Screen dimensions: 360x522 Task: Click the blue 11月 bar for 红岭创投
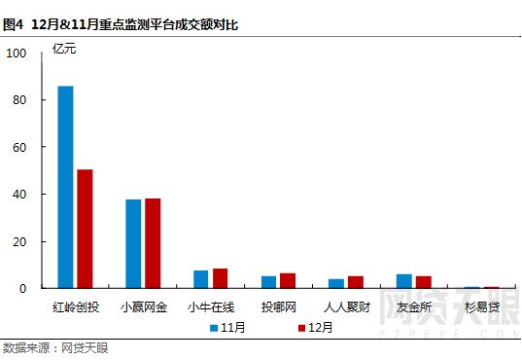point(66,187)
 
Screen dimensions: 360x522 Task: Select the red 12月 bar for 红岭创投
point(85,229)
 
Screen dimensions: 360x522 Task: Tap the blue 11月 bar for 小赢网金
point(133,243)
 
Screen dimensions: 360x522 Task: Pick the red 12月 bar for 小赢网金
point(153,243)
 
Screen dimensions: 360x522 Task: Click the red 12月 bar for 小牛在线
point(220,278)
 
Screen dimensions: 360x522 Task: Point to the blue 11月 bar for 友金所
point(403,281)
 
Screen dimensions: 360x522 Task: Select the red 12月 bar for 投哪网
point(288,280)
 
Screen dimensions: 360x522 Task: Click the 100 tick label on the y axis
point(17,54)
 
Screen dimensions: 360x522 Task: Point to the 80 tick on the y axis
point(20,100)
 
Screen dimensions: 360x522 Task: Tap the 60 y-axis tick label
point(20,148)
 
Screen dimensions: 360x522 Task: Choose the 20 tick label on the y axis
point(20,241)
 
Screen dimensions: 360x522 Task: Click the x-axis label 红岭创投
point(75,306)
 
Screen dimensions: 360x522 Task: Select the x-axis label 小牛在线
point(211,306)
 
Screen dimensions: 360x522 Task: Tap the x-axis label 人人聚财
point(347,306)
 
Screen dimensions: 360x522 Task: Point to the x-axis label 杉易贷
point(482,306)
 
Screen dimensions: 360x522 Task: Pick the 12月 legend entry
point(315,328)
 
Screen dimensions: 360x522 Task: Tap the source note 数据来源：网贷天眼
point(55,347)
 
